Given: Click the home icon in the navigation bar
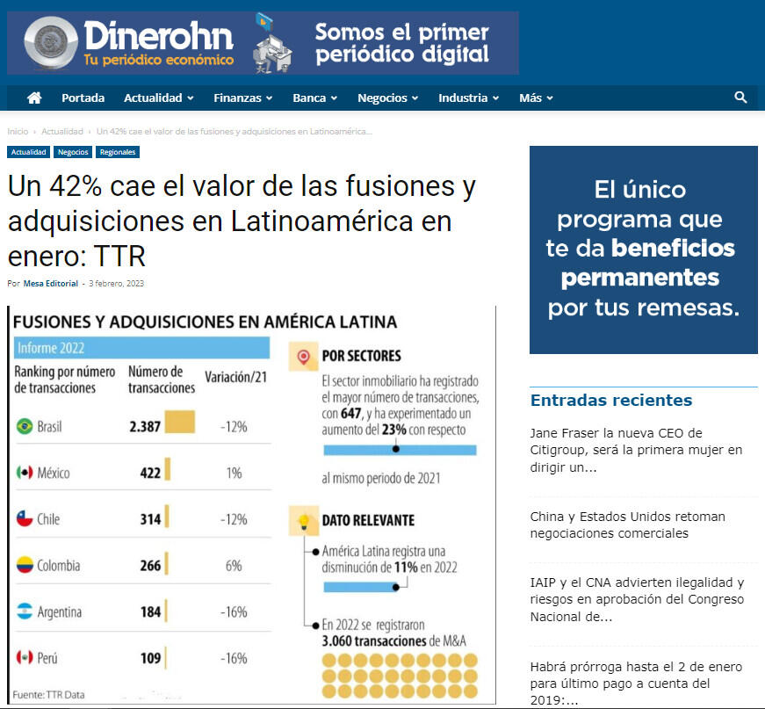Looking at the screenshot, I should tap(34, 98).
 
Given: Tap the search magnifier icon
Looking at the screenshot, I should tap(740, 98).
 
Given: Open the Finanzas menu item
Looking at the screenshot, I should tap(242, 98).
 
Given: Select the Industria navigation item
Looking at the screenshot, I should tap(468, 98).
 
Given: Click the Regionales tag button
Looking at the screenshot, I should tap(118, 152).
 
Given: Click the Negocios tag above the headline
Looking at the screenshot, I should tap(73, 152).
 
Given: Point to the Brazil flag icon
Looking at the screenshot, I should tap(25, 426).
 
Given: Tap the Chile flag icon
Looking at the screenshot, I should tap(25, 519).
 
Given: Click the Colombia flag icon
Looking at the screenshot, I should tap(25, 565).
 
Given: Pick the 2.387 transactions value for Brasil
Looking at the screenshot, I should tap(145, 426).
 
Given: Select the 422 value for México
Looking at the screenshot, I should tap(150, 473).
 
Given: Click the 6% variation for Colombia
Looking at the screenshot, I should tap(234, 566).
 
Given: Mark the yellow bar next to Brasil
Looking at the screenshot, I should tap(179, 422).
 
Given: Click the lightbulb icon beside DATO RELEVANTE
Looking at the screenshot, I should tap(304, 521).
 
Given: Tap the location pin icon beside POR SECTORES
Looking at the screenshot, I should tap(304, 358).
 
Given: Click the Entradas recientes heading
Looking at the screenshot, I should tap(610, 401).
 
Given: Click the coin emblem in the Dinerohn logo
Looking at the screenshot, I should tap(51, 43).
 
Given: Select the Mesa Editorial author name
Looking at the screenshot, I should tap(50, 284).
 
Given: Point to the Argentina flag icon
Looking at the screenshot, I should tap(25, 611).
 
